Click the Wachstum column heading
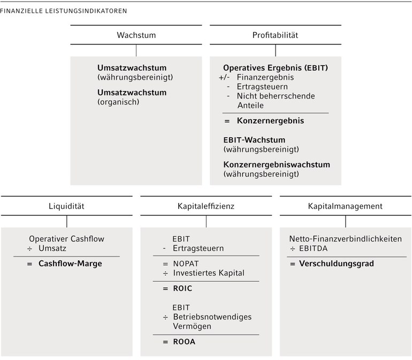pyautogui.click(x=136, y=35)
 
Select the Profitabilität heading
pyautogui.click(x=275, y=35)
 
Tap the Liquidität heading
pyautogui.click(x=66, y=206)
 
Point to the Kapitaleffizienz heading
pyautogui.click(x=206, y=206)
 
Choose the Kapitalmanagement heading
pyautogui.click(x=345, y=206)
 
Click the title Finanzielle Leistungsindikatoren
pyautogui.click(x=64, y=11)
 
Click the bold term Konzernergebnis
pyautogui.click(x=270, y=121)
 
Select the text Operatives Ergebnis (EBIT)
pyautogui.click(x=276, y=67)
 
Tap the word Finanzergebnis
pyautogui.click(x=265, y=77)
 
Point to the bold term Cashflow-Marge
pyautogui.click(x=70, y=264)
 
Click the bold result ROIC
pyautogui.click(x=182, y=288)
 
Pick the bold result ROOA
pyautogui.click(x=184, y=342)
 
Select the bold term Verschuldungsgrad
pyautogui.click(x=337, y=264)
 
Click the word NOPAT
pyautogui.click(x=186, y=264)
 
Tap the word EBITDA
pyautogui.click(x=313, y=249)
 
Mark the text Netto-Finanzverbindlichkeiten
pyautogui.click(x=346, y=239)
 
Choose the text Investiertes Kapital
pyautogui.click(x=209, y=273)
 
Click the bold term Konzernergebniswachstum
pyautogui.click(x=277, y=164)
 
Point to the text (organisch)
pyautogui.click(x=118, y=102)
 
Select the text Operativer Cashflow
pyautogui.click(x=66, y=239)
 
